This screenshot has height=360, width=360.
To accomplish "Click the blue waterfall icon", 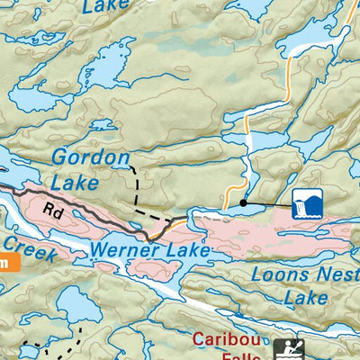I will (x=306, y=203).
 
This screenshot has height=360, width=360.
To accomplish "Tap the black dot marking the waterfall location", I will (x=243, y=203).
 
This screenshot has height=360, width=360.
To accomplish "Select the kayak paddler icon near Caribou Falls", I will (x=289, y=348).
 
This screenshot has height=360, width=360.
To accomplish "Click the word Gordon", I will (x=90, y=157).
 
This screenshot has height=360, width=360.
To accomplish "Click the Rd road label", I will (x=56, y=214).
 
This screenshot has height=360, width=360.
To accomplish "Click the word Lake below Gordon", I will (x=74, y=183).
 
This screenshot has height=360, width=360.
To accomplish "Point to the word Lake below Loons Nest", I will (x=305, y=296).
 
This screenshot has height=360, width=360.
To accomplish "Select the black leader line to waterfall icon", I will (x=268, y=205).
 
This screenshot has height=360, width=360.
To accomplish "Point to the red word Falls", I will (x=235, y=356).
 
